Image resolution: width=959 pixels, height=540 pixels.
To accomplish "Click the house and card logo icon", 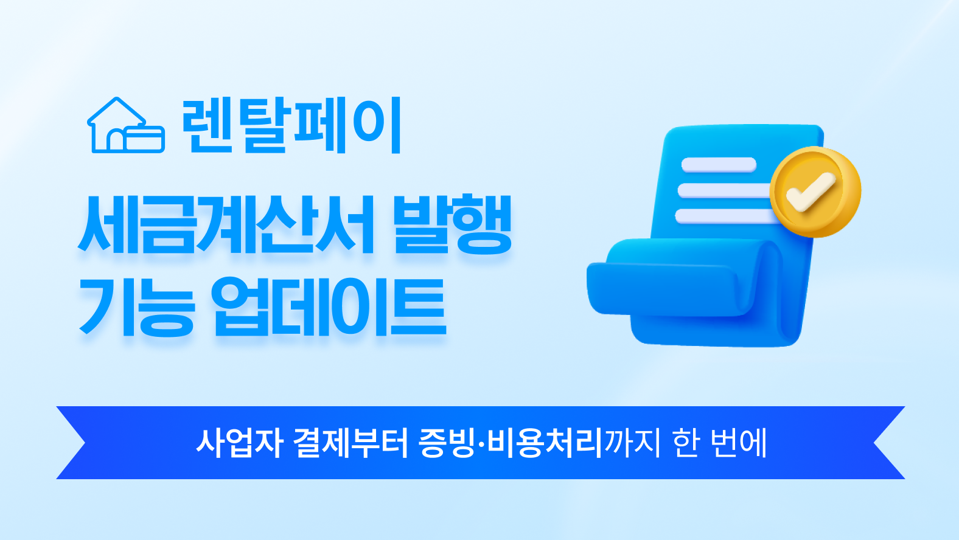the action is (126, 125).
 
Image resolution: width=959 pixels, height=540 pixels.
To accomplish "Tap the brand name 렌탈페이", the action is (291, 125).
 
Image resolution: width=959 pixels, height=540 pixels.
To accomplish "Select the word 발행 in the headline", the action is (453, 224).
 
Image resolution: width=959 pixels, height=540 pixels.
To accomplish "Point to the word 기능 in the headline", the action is (137, 306).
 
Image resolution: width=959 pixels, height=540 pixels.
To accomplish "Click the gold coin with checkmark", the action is (815, 192).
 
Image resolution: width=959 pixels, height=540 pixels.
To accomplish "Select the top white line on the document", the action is (719, 165).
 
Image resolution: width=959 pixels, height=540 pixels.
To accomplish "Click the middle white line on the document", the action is (724, 190).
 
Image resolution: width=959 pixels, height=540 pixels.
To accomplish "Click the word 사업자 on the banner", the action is (239, 443).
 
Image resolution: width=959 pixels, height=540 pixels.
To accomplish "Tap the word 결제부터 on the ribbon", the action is (352, 443).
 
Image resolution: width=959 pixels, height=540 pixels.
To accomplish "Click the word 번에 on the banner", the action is (738, 443).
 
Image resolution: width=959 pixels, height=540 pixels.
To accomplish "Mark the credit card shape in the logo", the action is (144, 139).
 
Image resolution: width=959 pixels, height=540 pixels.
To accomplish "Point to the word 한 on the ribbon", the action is (686, 443).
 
